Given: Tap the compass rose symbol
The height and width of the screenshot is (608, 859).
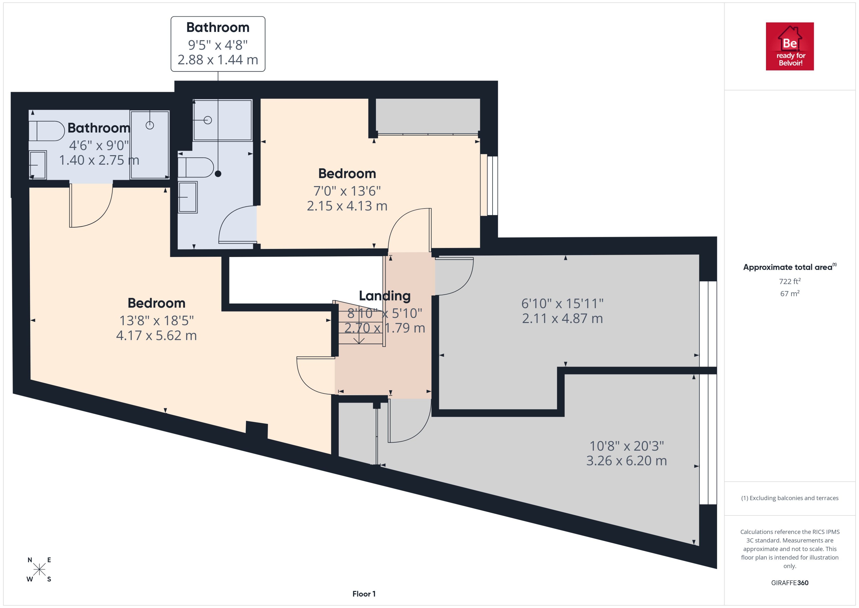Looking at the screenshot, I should pos(39,569).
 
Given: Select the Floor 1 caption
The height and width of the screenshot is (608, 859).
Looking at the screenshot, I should pos(363,594).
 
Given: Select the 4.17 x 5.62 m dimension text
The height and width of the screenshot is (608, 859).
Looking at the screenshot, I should pos(156,336).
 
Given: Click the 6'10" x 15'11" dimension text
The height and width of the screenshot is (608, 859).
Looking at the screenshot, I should pos(562,304).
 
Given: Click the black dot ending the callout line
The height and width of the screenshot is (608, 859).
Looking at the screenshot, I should pos(218,174).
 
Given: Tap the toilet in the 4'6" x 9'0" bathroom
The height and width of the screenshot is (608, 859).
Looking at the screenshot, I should pos(47,131).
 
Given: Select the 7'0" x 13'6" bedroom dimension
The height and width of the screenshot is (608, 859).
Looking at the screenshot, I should pos(347,191).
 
